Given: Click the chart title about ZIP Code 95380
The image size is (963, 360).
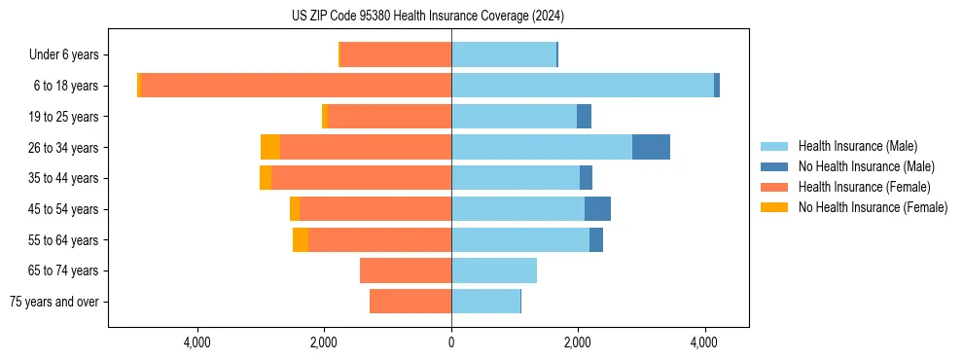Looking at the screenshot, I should [x=427, y=16].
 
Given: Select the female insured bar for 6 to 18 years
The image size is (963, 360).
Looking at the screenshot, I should [x=296, y=86].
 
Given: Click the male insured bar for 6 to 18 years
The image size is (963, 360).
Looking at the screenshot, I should [x=582, y=86].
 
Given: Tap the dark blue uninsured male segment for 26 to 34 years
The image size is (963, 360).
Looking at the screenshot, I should [x=651, y=147].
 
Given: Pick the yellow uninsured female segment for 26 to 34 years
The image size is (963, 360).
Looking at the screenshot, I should [x=270, y=147].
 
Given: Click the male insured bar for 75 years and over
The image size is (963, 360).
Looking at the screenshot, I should [x=485, y=302].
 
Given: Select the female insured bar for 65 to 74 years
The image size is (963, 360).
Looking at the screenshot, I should [x=406, y=270].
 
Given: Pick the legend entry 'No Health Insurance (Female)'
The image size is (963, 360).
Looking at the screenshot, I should [x=873, y=207].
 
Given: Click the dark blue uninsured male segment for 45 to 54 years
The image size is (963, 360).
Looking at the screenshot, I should [x=597, y=209].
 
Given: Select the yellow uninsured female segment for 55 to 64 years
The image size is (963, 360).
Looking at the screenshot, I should [x=301, y=239].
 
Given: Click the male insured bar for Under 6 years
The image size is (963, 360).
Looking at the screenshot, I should [x=503, y=54].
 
